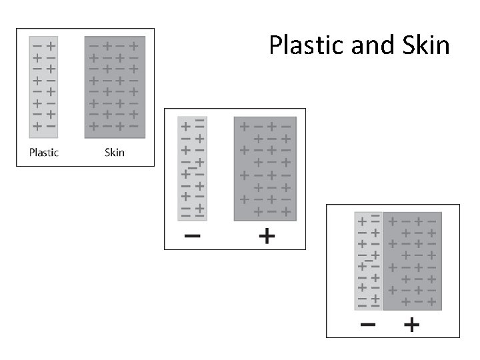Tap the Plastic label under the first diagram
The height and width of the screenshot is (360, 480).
tap(43, 152)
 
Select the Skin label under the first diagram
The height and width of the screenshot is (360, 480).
tap(115, 152)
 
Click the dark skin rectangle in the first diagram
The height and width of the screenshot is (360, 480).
tap(115, 87)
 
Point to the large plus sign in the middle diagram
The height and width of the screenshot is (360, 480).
tap(266, 236)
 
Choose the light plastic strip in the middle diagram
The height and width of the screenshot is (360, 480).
tap(191, 168)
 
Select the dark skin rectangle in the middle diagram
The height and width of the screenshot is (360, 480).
tap(266, 168)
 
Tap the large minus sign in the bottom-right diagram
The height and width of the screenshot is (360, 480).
tap(367, 325)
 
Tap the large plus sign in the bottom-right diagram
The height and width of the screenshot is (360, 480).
tap(412, 325)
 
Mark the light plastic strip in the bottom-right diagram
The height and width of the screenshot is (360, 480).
tap(368, 261)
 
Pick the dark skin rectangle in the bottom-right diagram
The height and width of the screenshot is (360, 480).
tap(413, 261)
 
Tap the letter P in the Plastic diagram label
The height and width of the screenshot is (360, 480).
tap(32, 152)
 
